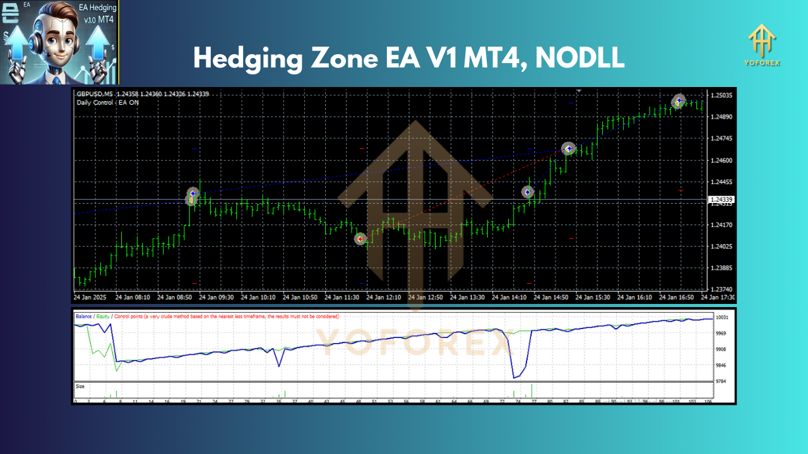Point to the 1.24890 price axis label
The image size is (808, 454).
[x=722, y=117]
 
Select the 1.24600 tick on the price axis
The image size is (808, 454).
[x=722, y=160]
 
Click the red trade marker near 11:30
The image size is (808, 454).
[x=360, y=239]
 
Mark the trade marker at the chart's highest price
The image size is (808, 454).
[x=679, y=100]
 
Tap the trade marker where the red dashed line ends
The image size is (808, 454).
[x=568, y=149]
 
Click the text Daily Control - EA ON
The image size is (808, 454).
[x=108, y=102]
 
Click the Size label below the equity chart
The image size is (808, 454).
[x=80, y=386]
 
